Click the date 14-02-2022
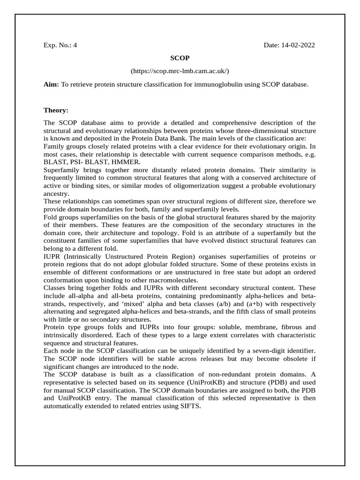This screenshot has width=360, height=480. pos(289,45)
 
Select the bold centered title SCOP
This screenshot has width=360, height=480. pos(180,58)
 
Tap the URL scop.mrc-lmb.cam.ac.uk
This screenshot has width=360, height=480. pos(180,71)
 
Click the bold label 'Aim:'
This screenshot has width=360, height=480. pos(51,84)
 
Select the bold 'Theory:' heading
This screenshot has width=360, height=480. pos(56,110)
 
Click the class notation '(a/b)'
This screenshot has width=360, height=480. pos(221,304)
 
